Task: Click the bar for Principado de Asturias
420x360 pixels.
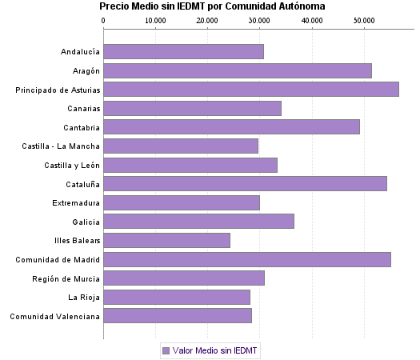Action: tap(251, 90)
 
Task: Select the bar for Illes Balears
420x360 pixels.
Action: tap(167, 240)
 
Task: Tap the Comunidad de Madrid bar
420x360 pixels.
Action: tap(247, 259)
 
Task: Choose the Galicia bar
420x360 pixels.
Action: tap(199, 222)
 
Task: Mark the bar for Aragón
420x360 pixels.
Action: tap(238, 70)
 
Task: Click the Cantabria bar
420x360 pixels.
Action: tap(232, 126)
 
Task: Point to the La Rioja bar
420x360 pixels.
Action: tap(177, 297)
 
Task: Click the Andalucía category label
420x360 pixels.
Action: tap(80, 52)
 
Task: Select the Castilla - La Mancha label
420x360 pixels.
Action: tap(62, 146)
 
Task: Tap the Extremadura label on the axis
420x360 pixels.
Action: tap(76, 202)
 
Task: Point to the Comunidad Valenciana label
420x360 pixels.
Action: tap(55, 316)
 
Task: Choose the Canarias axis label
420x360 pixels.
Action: tap(83, 109)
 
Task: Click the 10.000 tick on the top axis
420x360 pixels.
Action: tap(155, 20)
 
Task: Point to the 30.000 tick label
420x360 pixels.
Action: tap(259, 20)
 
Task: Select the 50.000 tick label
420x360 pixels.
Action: tap(363, 20)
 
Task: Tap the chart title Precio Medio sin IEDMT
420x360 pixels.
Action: tap(212, 6)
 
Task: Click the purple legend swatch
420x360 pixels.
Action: tap(166, 350)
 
